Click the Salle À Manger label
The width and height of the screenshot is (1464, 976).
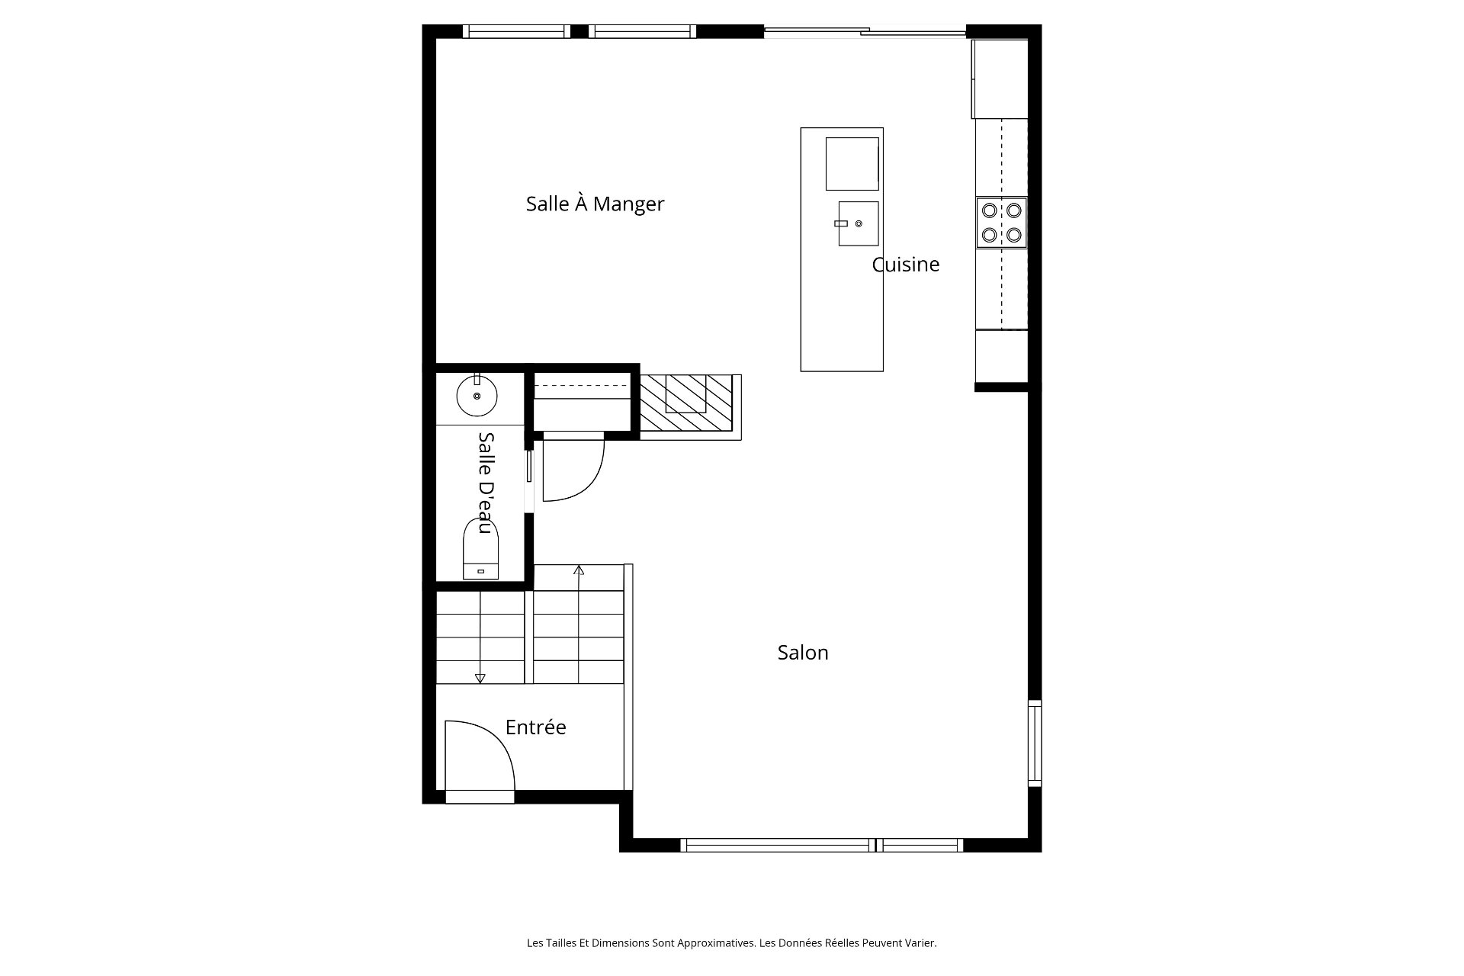click(595, 204)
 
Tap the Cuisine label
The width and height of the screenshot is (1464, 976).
click(906, 265)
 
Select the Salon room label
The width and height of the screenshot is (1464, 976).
click(803, 652)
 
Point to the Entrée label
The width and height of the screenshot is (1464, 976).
click(535, 727)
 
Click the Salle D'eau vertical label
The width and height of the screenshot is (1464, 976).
click(486, 483)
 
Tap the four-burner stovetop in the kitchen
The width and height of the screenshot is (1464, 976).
click(1002, 223)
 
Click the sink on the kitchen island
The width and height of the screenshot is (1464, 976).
click(858, 223)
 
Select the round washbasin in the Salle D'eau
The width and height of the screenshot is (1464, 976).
click(477, 396)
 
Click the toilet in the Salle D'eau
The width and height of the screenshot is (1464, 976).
click(480, 549)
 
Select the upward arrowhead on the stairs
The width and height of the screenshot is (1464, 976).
click(579, 570)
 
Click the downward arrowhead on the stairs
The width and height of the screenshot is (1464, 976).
click(480, 678)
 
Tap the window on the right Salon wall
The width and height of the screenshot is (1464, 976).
click(1035, 743)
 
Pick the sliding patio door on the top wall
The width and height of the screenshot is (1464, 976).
click(865, 32)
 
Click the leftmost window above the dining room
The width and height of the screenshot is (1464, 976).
click(516, 31)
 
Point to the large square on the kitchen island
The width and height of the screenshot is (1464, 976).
click(852, 164)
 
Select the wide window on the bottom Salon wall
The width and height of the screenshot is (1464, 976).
click(821, 845)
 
